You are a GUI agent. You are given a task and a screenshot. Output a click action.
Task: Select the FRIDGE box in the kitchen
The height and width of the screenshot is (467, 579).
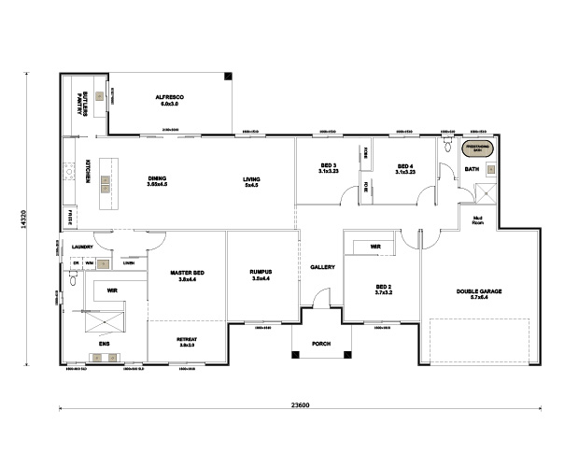point(69,218)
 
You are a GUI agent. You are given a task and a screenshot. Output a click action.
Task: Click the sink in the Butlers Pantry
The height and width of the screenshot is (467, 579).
point(99,96)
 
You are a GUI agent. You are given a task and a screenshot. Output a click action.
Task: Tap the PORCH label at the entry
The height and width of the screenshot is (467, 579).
point(322,342)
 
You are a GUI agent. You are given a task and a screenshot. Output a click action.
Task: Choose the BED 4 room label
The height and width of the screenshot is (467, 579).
point(404,167)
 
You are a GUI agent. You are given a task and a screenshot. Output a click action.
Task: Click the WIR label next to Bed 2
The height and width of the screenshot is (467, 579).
point(374,248)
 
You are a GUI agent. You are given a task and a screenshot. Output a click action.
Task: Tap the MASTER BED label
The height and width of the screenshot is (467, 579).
point(187,276)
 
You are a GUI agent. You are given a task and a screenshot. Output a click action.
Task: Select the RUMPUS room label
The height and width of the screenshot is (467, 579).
point(260,276)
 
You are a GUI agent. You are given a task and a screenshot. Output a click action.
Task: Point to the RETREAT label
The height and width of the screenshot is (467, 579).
point(187,342)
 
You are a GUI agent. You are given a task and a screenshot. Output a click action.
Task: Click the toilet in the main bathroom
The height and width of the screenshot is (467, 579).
point(447,148)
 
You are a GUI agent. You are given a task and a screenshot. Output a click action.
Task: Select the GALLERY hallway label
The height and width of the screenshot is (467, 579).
point(322,268)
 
